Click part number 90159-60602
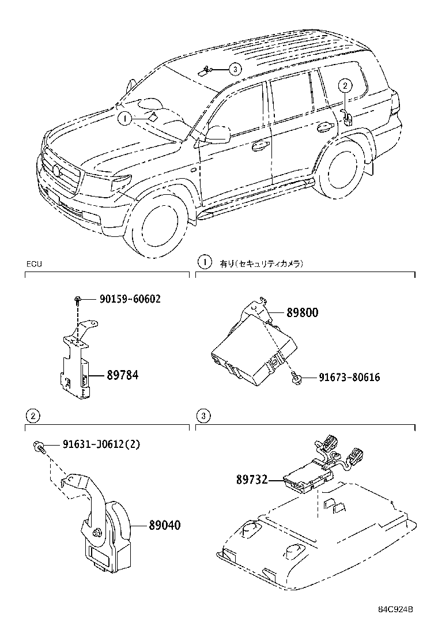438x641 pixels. (130, 299)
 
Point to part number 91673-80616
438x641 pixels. (349, 378)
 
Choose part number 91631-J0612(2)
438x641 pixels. (93, 444)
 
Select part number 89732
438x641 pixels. (251, 479)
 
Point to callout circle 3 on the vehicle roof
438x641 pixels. (234, 69)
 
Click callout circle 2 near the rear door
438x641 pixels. (344, 86)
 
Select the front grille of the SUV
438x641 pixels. (61, 174)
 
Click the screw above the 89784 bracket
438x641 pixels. (77, 299)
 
